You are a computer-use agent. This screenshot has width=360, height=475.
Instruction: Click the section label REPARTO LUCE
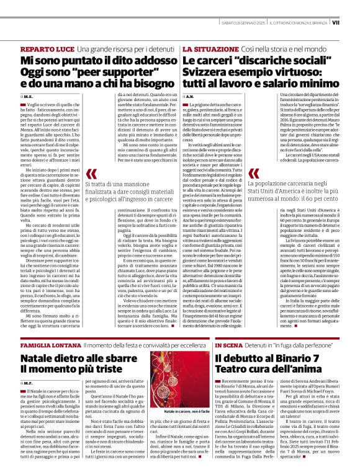(47, 48)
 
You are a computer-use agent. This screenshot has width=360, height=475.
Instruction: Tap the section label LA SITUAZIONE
(202, 48)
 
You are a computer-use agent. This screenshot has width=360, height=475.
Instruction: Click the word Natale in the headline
(41, 358)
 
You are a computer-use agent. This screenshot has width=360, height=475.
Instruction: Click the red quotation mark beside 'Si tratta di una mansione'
(92, 175)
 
